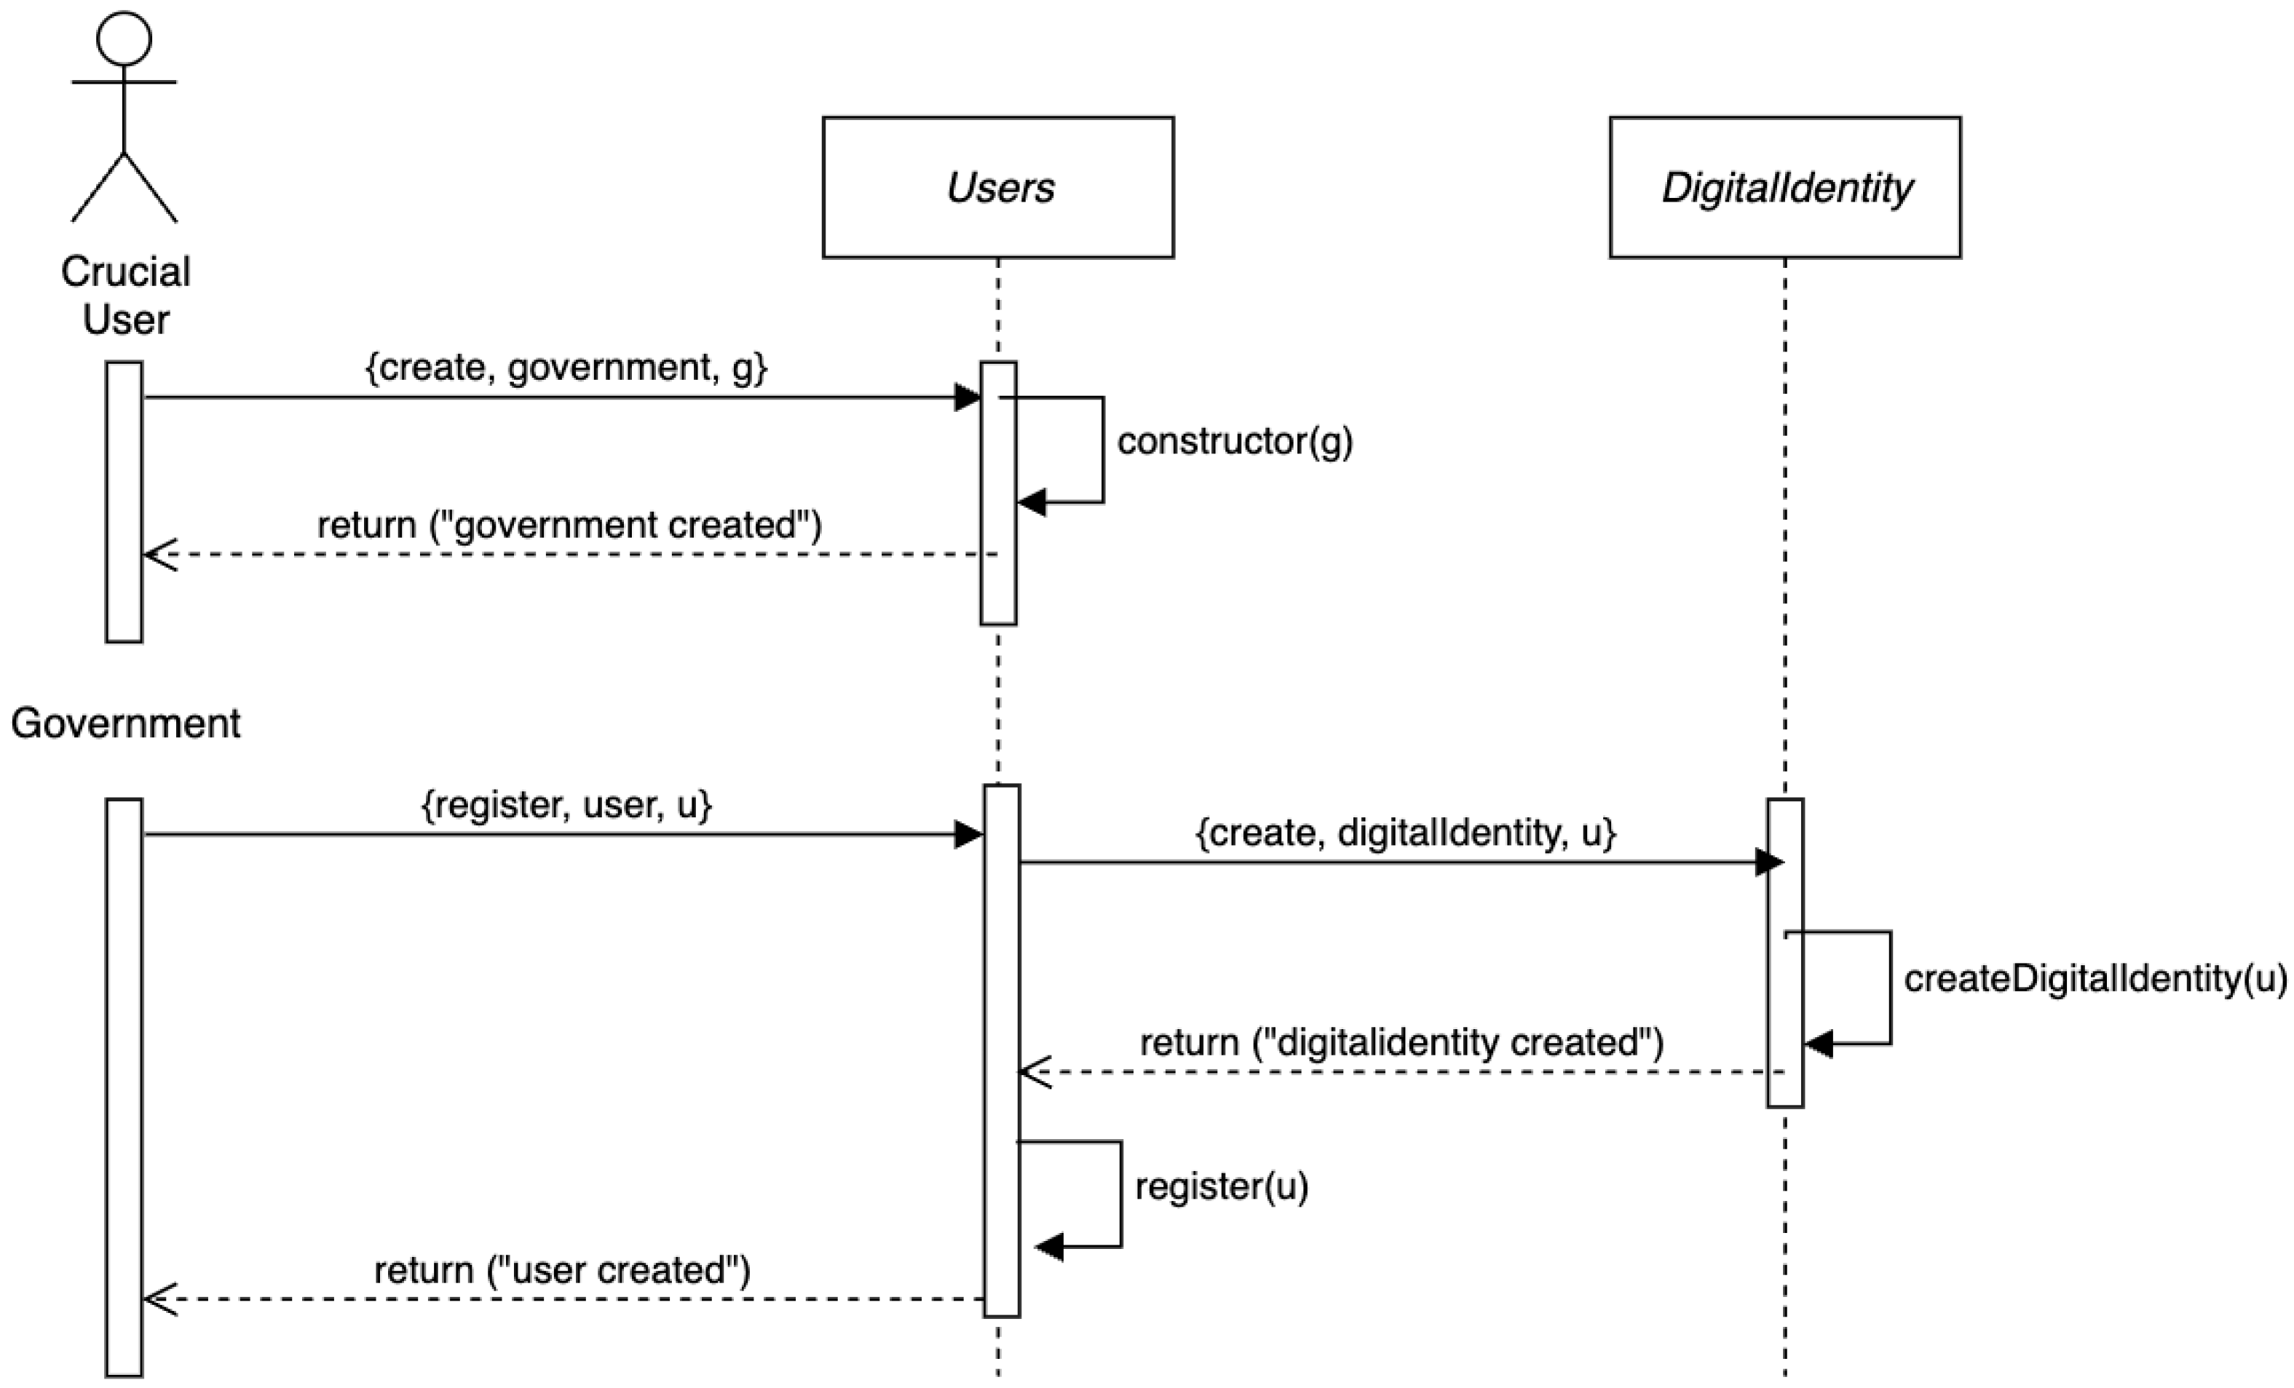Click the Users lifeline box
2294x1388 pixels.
pos(998,187)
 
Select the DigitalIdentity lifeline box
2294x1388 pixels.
pos(1784,187)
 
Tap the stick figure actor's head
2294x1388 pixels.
pos(124,38)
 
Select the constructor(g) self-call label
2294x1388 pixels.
pos(1235,441)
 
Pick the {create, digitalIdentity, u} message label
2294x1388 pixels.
pos(1406,832)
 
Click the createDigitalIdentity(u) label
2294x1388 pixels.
pos(2095,978)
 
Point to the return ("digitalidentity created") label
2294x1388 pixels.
pos(1401,1042)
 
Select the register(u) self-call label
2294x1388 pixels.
pos(1222,1186)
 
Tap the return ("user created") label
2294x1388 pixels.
pos(562,1271)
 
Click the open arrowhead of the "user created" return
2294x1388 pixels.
pos(158,1298)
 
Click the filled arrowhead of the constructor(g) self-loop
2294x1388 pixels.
pos(1032,503)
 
